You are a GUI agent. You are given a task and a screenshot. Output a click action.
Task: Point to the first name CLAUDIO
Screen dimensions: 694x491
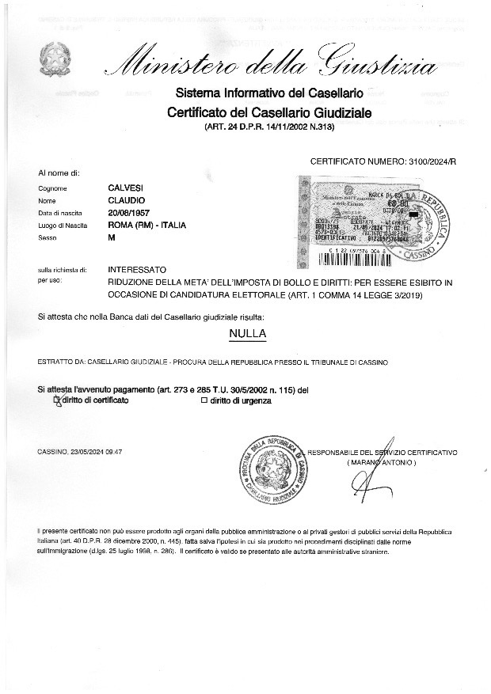125,201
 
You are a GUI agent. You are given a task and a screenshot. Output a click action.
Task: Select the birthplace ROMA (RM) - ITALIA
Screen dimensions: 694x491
147,226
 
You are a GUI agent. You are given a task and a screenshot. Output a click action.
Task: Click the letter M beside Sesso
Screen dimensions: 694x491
112,237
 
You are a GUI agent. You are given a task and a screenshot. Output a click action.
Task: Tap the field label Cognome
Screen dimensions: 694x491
52,189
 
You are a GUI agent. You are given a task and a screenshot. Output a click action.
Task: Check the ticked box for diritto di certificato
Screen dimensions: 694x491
56,400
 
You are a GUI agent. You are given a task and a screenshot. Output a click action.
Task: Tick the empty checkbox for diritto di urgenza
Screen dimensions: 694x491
204,400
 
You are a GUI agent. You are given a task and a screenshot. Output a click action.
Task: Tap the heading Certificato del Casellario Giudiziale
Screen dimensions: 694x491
269,113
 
